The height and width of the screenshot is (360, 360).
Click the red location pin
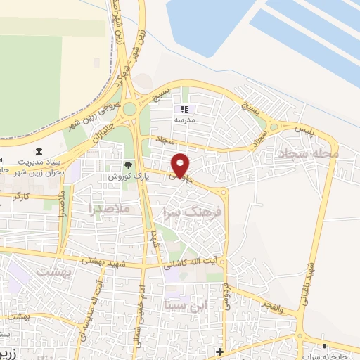click(x=181, y=165)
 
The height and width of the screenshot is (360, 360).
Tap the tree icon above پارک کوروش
click(x=128, y=166)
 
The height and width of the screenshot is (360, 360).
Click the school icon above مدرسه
click(x=185, y=109)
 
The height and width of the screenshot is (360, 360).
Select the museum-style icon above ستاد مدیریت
click(x=39, y=152)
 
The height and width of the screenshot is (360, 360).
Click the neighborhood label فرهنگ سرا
click(x=197, y=210)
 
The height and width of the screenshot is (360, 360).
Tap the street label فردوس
click(x=226, y=296)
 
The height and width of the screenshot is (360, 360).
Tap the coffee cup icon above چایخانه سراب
click(x=325, y=347)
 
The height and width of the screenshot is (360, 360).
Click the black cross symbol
click(x=219, y=352)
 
